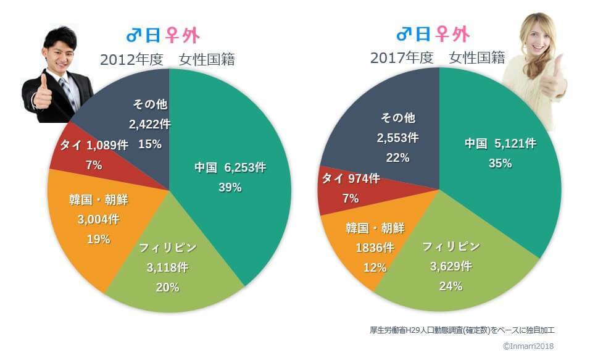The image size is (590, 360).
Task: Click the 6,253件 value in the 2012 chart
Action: pos(244,168)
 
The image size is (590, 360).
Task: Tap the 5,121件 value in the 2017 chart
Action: pos(514,144)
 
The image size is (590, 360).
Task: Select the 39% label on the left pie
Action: pos(230,188)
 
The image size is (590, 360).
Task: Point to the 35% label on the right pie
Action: pos(500,164)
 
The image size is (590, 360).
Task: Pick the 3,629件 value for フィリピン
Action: pos(451,266)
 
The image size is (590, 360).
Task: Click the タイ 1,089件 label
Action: pos(94,146)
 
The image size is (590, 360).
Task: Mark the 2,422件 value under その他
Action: pos(149,124)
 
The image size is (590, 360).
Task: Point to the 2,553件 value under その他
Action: pos(397,137)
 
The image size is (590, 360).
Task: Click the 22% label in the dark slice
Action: pos(397,157)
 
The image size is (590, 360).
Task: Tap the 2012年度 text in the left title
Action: pos(131,60)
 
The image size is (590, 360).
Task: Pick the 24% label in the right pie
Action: pos(451,286)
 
